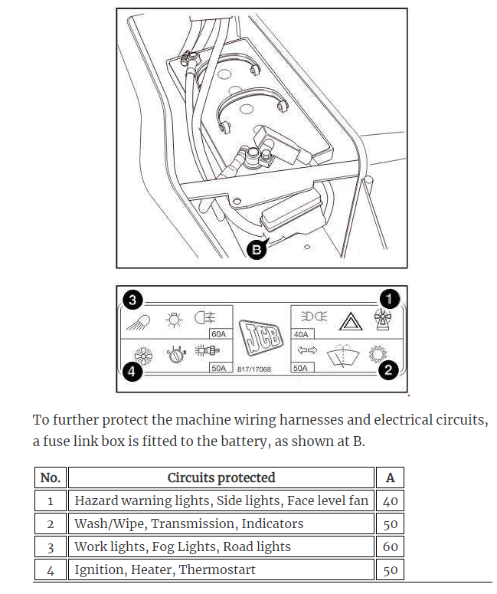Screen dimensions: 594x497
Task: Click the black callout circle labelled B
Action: pyautogui.click(x=257, y=249)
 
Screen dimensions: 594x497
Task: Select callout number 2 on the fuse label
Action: pyautogui.click(x=387, y=370)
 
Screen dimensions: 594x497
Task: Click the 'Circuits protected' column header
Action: pyautogui.click(x=221, y=477)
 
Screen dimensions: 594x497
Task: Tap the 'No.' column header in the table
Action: pyautogui.click(x=51, y=477)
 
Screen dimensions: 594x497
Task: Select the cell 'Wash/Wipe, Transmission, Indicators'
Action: pyautogui.click(x=189, y=524)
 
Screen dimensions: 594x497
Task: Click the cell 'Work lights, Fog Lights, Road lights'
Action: pyautogui.click(x=183, y=546)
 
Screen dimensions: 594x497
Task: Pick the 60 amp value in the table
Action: pyautogui.click(x=390, y=547)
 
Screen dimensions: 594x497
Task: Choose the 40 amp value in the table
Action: pyautogui.click(x=390, y=501)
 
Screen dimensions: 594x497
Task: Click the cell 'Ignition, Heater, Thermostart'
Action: pyautogui.click(x=165, y=569)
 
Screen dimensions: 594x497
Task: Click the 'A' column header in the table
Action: pyautogui.click(x=390, y=477)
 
